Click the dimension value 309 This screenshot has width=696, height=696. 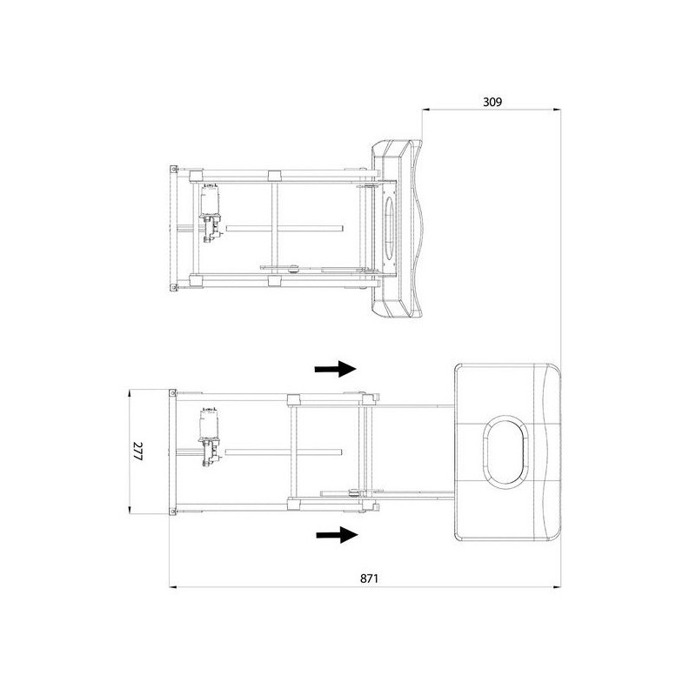(x=492, y=101)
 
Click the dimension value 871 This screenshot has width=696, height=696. (x=369, y=578)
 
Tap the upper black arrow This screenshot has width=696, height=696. (x=335, y=369)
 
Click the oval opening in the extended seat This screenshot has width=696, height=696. (x=504, y=451)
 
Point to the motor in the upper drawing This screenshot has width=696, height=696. (x=210, y=201)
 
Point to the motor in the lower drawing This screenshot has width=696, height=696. (x=210, y=424)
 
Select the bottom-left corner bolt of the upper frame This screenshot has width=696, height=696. (x=173, y=287)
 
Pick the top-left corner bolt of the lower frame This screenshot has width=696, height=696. (x=172, y=393)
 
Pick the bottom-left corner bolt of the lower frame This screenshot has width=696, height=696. (x=172, y=509)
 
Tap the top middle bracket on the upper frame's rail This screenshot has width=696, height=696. (x=274, y=175)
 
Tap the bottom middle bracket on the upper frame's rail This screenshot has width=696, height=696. (x=274, y=280)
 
